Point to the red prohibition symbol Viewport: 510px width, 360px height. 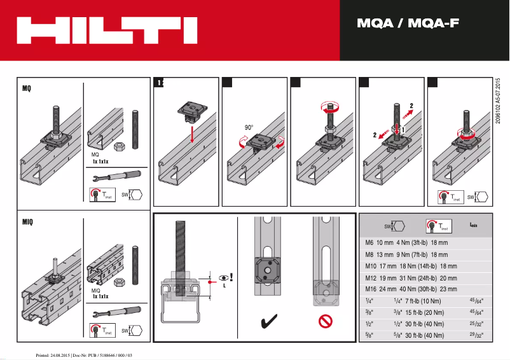(x=326, y=322)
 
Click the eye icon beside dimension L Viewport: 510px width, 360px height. (x=223, y=278)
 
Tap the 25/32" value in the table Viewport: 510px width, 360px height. (x=476, y=323)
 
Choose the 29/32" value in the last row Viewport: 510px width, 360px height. (x=476, y=335)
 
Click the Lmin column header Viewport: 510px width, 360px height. (x=474, y=225)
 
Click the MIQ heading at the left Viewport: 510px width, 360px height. (x=27, y=222)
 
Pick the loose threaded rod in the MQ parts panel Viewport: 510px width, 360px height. (x=135, y=129)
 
